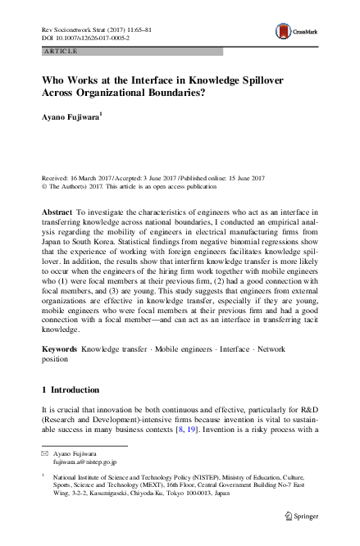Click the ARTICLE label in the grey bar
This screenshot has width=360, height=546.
(x=58, y=51)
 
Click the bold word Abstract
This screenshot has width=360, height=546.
(x=57, y=212)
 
